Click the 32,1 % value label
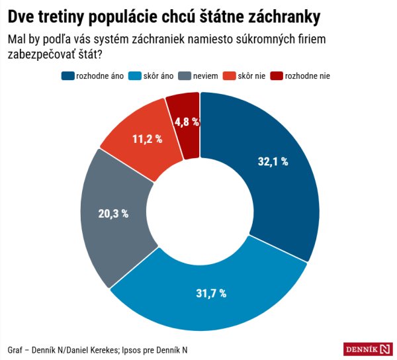pyautogui.click(x=272, y=161)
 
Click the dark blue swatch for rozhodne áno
pyautogui.click(x=68, y=76)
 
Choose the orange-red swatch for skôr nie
pyautogui.click(x=230, y=76)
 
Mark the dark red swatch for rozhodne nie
pyautogui.click(x=279, y=76)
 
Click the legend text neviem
pyautogui.click(x=207, y=76)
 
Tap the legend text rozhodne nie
pyautogui.click(x=308, y=76)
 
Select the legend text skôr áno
pyautogui.click(x=159, y=76)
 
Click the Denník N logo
pyautogui.click(x=368, y=349)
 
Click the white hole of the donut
pyautogui.click(x=200, y=211)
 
